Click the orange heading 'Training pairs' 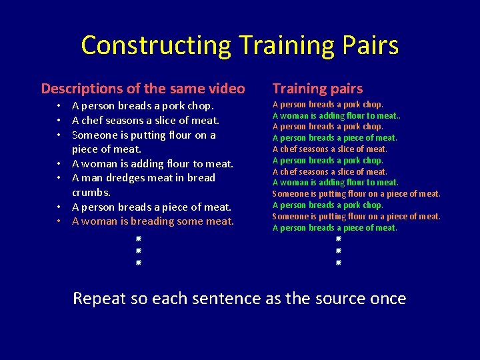[x=317, y=89]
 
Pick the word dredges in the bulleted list [x=129, y=178]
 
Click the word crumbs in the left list [x=90, y=192]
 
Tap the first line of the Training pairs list [x=327, y=105]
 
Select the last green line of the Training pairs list [x=334, y=228]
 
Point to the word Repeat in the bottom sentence [x=99, y=298]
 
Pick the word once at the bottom [x=387, y=298]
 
